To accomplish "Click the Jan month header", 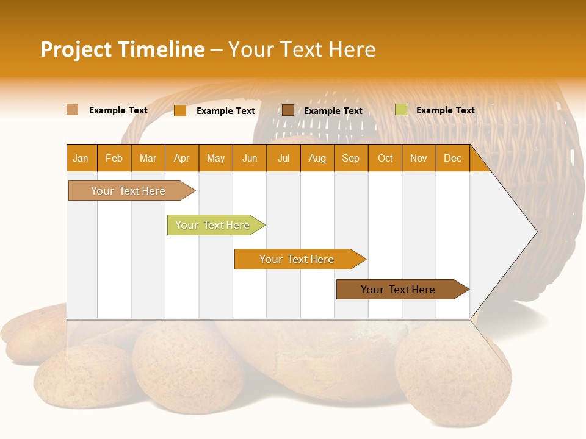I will pos(81,159).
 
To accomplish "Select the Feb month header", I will pos(114,159).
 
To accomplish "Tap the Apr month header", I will pos(181,159).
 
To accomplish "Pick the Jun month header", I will pos(250,159).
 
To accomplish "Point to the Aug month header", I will pos(317,159).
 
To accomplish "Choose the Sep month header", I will pos(350,159).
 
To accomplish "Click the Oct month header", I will pos(385,159).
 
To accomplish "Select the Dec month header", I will pos(452,159).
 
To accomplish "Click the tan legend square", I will pos(72,110).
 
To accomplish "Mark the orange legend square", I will pos(179,110).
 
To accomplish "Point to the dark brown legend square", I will pos(288,110).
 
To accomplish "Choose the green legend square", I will pos(400,110).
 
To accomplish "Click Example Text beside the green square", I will pos(445,110).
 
